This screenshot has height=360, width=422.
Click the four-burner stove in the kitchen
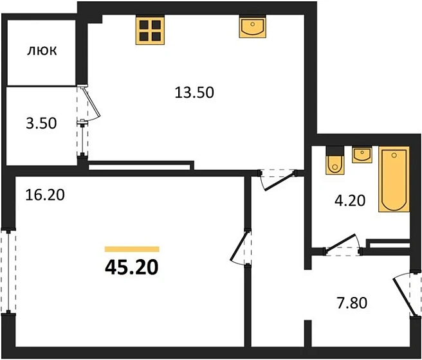150,30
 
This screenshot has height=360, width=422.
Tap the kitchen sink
253,26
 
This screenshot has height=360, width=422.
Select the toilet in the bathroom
335,161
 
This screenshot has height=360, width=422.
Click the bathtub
394,179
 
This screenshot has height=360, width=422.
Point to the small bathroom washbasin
362,155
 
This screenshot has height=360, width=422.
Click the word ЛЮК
42,51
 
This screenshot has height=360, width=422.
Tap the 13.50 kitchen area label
194,93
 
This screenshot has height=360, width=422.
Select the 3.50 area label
41,123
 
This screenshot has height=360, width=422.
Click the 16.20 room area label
45,195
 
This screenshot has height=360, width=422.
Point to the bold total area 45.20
132,268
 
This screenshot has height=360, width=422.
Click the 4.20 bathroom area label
350,201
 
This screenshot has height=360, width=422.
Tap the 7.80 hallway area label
352,303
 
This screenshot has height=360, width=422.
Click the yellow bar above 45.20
132,249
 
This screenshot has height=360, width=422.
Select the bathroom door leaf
340,243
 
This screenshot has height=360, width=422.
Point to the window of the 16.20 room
8,271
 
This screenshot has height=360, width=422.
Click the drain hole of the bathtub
394,155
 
